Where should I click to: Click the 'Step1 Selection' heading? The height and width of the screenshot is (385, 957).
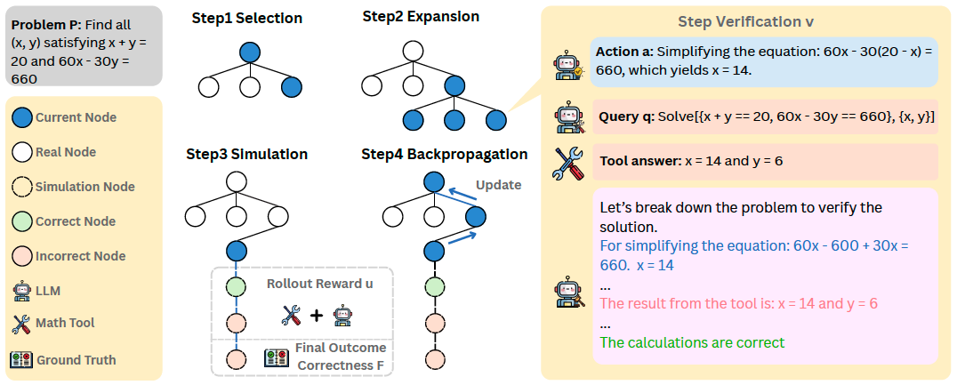[246, 19]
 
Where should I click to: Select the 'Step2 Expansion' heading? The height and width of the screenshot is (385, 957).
[421, 17]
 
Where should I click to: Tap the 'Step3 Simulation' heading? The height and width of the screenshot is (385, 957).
[246, 155]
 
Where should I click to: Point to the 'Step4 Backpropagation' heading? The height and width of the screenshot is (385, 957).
[444, 155]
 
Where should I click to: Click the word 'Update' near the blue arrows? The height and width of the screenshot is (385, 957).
[498, 185]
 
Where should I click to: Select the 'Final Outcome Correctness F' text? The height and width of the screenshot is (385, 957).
[339, 356]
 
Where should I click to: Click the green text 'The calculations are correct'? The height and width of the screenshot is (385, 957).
[692, 342]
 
